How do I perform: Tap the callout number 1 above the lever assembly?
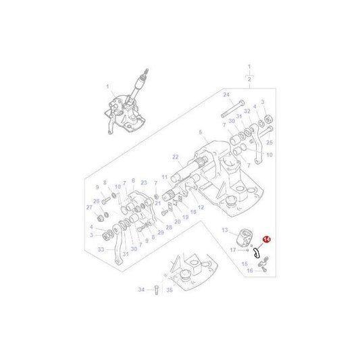point(107,86)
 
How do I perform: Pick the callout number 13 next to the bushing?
point(225,230)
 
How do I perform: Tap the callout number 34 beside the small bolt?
point(140,290)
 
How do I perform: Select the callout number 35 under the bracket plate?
point(170,290)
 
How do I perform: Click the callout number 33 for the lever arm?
point(101,249)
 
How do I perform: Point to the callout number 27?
point(90,209)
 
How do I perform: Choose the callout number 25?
point(269,143)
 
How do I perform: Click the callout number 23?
point(144,182)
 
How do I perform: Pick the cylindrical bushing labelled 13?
point(243,238)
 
